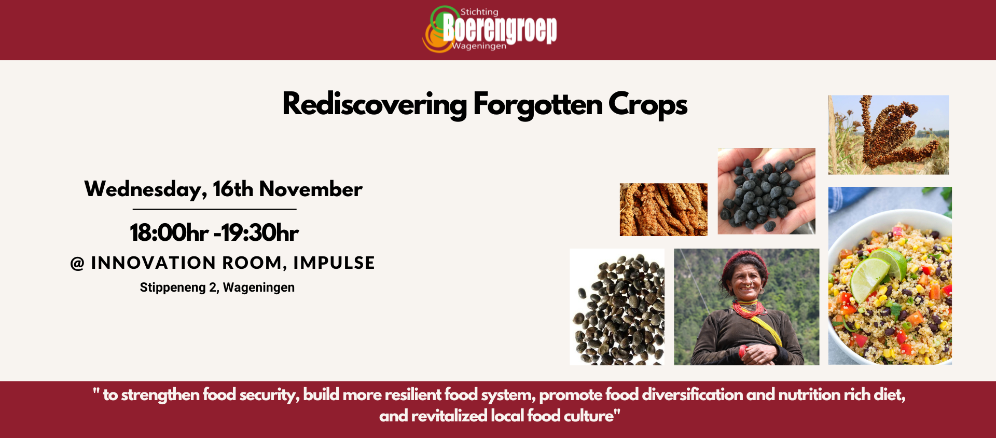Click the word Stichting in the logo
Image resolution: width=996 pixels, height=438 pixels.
point(479,12)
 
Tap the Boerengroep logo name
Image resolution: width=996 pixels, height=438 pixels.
point(500,29)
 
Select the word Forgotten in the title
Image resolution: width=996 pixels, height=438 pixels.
point(538,105)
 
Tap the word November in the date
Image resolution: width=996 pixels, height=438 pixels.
point(311,189)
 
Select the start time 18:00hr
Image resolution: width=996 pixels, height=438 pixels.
point(169,232)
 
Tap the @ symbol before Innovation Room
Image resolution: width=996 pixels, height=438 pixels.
point(77,264)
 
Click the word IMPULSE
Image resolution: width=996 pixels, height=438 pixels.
point(334,263)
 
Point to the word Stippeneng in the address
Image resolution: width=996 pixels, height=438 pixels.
point(173,288)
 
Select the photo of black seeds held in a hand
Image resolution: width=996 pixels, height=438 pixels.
point(766,191)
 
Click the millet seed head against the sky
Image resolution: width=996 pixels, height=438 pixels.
point(888,134)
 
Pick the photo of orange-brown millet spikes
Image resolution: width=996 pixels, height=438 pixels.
point(663,210)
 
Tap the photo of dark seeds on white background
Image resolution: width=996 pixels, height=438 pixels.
point(617,307)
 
